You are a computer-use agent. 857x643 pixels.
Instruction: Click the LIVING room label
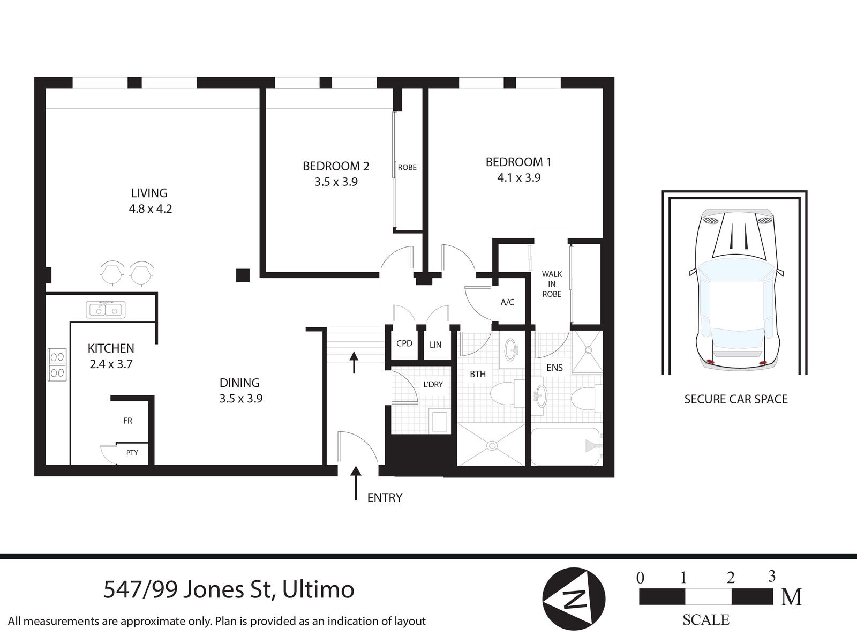[149, 193]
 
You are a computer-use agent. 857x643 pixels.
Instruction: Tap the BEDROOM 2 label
[336, 166]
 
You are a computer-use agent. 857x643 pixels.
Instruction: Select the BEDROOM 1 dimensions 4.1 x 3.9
[518, 177]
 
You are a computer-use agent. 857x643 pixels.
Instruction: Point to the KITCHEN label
[111, 349]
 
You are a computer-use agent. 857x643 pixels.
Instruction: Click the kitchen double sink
[106, 310]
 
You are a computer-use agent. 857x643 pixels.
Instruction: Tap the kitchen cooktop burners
[57, 364]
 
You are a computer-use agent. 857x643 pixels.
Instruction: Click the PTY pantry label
[132, 453]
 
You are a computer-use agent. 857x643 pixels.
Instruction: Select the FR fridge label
[127, 421]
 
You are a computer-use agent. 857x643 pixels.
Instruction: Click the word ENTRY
[385, 498]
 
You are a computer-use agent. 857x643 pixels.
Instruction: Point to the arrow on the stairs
[354, 362]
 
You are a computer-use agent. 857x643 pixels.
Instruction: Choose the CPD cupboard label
[404, 343]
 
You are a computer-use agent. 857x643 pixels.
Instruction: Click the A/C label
[507, 302]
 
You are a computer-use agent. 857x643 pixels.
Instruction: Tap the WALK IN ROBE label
[552, 284]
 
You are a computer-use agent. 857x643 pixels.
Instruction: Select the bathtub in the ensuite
[566, 446]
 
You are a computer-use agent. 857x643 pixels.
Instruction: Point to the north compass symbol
[574, 599]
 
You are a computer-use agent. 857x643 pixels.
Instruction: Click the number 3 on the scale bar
[771, 576]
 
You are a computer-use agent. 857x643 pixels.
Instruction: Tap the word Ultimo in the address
[318, 590]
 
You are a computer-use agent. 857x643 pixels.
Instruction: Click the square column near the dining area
[243, 275]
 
